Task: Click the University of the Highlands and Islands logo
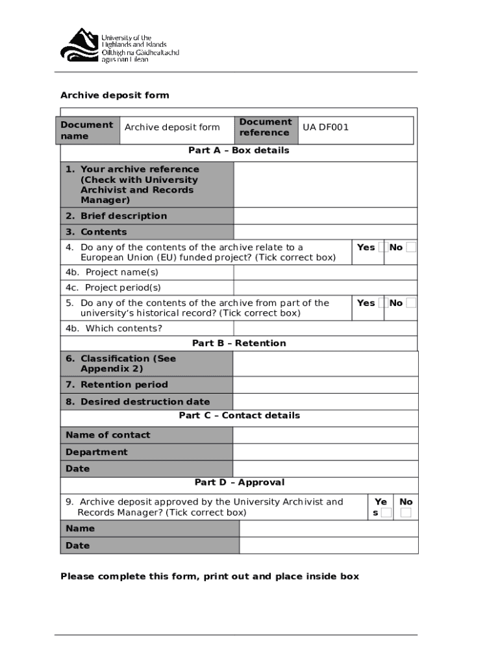pos(119,45)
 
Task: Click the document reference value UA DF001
pos(325,127)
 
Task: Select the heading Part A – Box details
pos(238,150)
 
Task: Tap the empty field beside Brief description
pos(325,216)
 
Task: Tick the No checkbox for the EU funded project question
pos(410,247)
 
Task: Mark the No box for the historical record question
pos(410,303)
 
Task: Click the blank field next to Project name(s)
pos(325,272)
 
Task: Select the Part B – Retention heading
pos(238,343)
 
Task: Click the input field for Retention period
pos(325,385)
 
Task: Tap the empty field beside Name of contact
pos(325,435)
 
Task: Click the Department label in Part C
pos(97,452)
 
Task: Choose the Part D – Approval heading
pos(239,482)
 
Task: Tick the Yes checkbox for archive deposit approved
pos(386,513)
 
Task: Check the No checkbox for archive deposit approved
pos(406,513)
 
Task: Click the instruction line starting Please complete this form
pos(209,576)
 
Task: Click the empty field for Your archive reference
pos(325,185)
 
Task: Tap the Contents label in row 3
pos(103,232)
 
